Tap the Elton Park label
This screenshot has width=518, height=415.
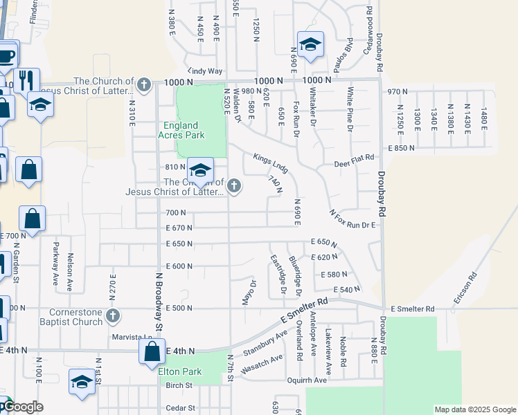[180, 371]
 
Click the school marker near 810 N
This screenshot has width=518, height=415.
[199, 171]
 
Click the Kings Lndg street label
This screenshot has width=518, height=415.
[270, 163]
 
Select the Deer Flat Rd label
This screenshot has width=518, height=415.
[354, 165]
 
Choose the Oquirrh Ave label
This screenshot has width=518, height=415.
[307, 380]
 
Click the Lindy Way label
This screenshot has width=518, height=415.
[205, 71]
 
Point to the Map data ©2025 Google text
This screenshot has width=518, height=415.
[475, 409]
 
